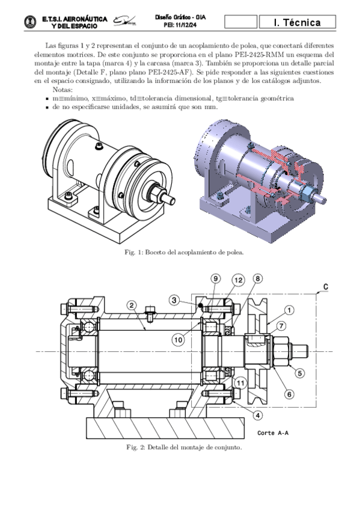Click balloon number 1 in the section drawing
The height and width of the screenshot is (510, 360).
click(289, 310)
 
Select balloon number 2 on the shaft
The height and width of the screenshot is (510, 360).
click(132, 305)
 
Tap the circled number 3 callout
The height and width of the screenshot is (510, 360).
click(174, 300)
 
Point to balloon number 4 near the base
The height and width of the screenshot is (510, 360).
click(257, 416)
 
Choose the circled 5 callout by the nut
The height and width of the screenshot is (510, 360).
click(299, 373)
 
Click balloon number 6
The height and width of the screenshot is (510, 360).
click(289, 394)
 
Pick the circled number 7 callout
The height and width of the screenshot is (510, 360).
click(281, 325)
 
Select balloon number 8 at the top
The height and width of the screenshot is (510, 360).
click(257, 278)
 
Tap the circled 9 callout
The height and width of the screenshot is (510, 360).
click(215, 278)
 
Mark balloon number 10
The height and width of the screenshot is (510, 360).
click(178, 340)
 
